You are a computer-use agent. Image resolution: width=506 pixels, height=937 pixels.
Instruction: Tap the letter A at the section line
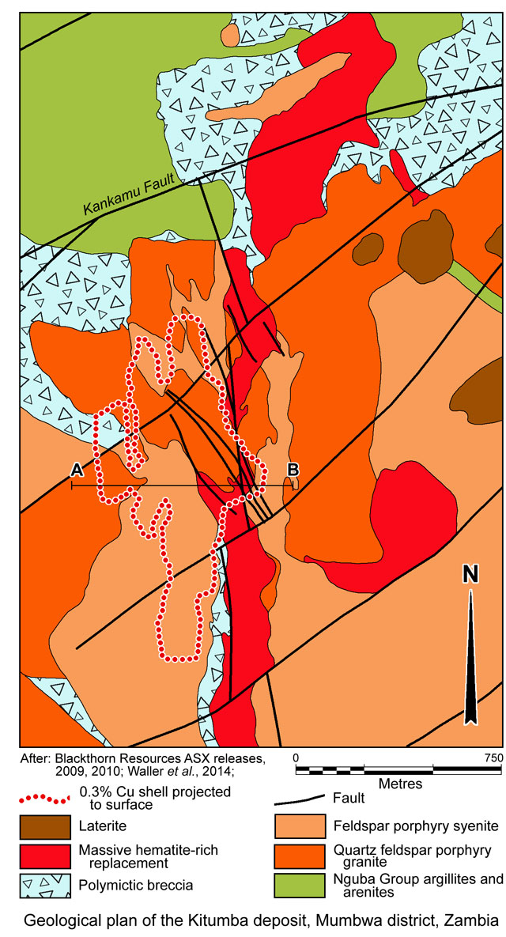pyautogui.click(x=77, y=470)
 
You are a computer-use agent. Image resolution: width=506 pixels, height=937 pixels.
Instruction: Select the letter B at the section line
pyautogui.click(x=293, y=470)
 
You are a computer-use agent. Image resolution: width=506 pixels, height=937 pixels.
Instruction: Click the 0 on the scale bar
pyautogui.click(x=296, y=757)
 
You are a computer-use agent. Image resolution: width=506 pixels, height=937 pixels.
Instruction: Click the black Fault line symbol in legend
pyautogui.click(x=300, y=799)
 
